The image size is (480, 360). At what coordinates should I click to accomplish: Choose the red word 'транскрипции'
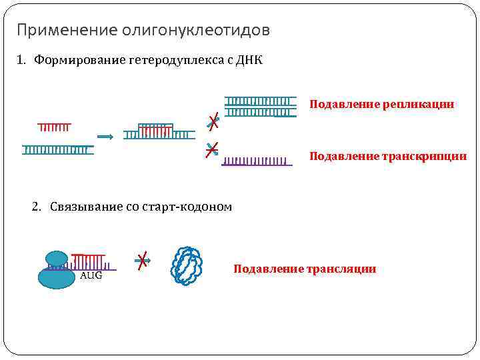[x=425, y=157]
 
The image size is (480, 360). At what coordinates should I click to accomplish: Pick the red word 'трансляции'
[x=342, y=269]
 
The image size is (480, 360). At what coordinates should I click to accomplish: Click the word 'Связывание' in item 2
[x=85, y=207]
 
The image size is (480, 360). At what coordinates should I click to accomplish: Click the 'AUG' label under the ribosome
[x=91, y=275]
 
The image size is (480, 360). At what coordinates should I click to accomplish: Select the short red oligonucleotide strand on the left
[x=54, y=127]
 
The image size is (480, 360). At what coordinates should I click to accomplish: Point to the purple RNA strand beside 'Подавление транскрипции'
[x=257, y=161]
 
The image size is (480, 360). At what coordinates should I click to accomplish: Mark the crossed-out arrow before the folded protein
[x=142, y=261]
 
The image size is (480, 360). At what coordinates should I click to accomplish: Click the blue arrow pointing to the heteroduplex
[x=105, y=136]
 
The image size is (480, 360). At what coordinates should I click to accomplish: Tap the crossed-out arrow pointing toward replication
[x=213, y=122]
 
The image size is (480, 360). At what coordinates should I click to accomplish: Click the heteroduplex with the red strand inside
[x=156, y=131]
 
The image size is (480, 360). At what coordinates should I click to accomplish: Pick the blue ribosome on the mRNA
[x=56, y=270]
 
